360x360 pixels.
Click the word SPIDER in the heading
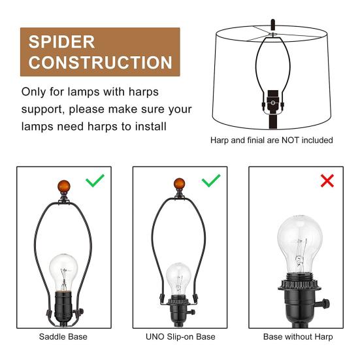[62, 42]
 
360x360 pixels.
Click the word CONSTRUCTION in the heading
[99, 63]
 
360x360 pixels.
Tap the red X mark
[327, 181]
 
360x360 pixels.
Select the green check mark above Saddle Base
[95, 181]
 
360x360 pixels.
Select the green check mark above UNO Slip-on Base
[210, 181]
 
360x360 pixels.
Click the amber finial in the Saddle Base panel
[63, 185]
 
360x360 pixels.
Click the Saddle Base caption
[63, 337]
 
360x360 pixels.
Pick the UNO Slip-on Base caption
[180, 337]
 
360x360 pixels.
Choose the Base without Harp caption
[297, 337]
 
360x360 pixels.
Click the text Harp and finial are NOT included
[271, 140]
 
